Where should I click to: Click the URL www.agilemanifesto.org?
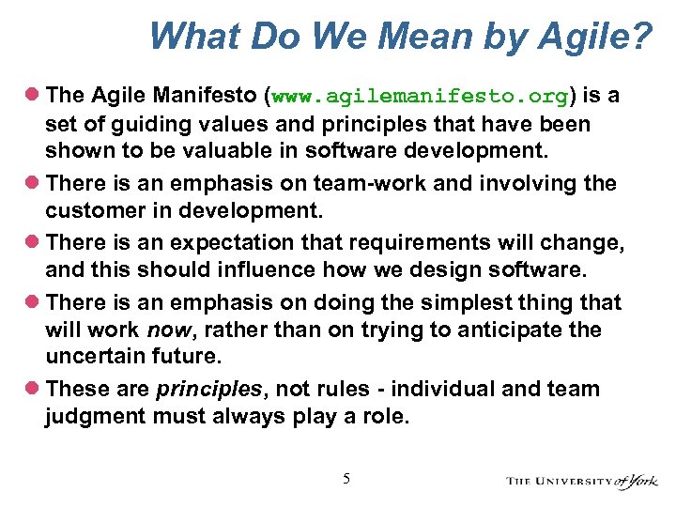coord(421,97)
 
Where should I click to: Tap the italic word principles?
coord(196,389)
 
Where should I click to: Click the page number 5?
coord(346,479)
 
